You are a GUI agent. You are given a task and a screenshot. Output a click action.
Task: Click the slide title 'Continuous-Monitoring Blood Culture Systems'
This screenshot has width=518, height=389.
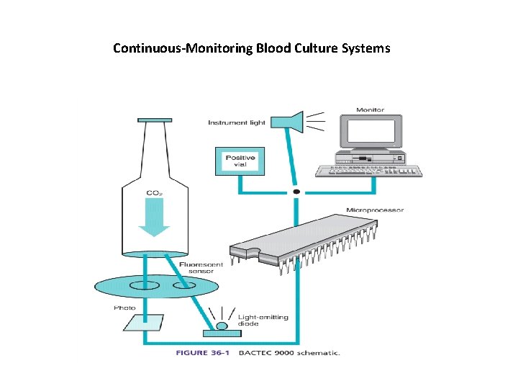[x=252, y=49]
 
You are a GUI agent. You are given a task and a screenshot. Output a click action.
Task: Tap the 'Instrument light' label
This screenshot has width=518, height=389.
[x=237, y=122]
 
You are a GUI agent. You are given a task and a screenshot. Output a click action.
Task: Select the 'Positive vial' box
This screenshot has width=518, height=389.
[x=240, y=161]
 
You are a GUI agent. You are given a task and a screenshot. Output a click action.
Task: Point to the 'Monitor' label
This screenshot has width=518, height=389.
[x=370, y=110]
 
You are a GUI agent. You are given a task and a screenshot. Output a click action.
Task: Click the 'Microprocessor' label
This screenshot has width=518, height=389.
[x=375, y=210]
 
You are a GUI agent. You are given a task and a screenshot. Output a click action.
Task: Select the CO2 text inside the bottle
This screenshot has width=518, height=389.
[x=153, y=193]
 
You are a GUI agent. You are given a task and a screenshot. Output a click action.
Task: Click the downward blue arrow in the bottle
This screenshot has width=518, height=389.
[x=153, y=220]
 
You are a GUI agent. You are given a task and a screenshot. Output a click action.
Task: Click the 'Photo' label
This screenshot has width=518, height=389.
[x=124, y=308]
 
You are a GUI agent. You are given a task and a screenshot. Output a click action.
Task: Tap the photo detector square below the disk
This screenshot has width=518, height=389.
[x=143, y=322]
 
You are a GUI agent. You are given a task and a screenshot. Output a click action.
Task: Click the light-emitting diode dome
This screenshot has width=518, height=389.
[x=222, y=326]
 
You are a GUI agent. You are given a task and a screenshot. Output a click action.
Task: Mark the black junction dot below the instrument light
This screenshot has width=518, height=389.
[x=296, y=192]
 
